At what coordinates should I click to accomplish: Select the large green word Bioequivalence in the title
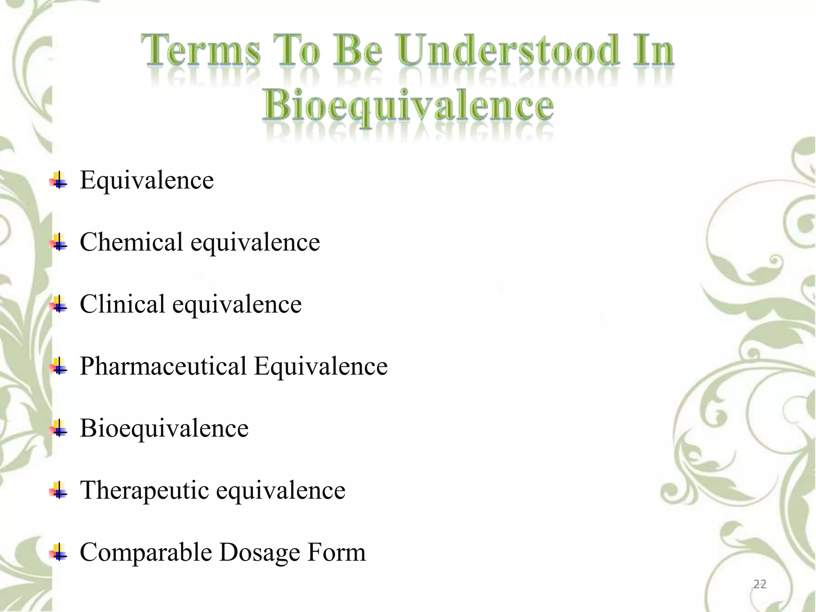click(408, 106)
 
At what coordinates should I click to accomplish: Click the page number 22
click(759, 584)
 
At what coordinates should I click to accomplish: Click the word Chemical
click(131, 242)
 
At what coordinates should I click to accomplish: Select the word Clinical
click(122, 304)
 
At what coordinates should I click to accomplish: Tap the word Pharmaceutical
click(163, 366)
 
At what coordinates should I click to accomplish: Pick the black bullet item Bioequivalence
click(164, 428)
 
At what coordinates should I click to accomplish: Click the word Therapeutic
click(144, 490)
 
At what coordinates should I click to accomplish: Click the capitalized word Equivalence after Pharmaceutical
click(321, 366)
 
